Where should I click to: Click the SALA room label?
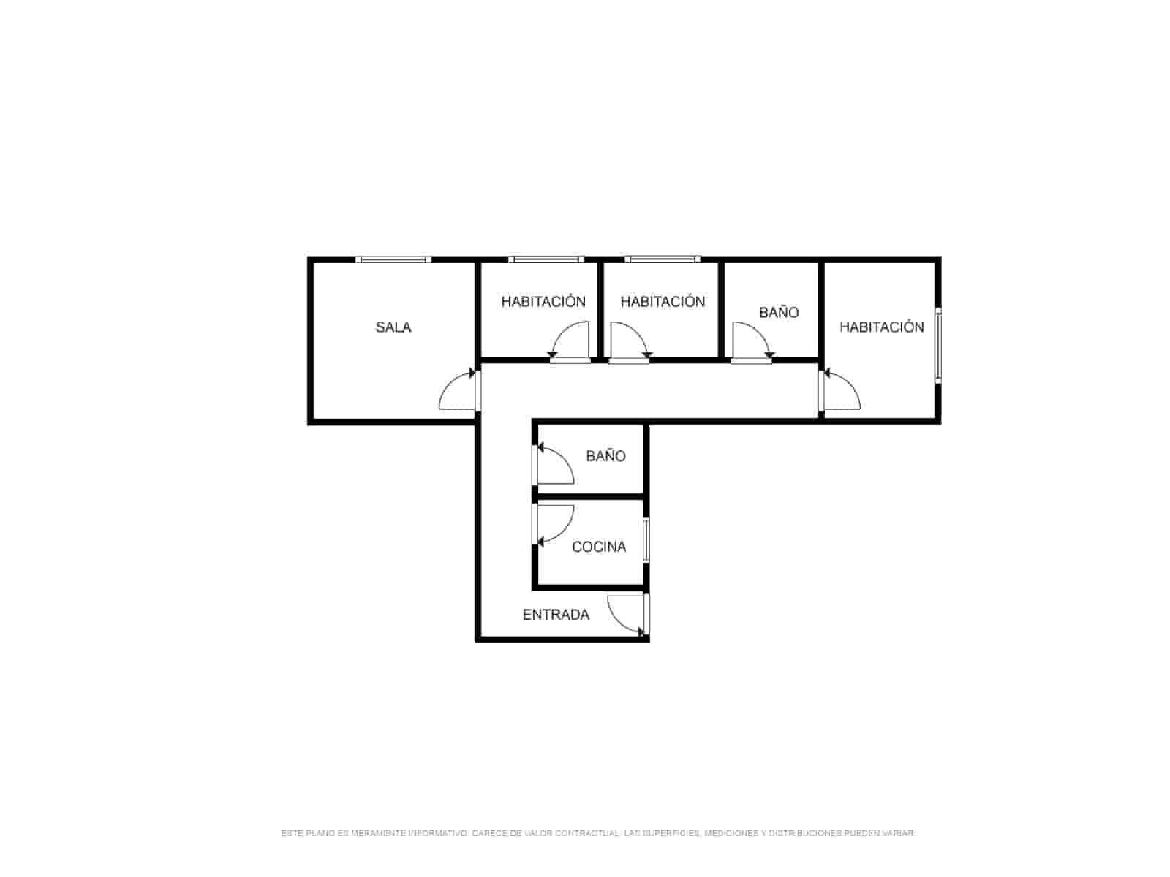pyautogui.click(x=393, y=327)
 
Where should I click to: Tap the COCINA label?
pyautogui.click(x=599, y=547)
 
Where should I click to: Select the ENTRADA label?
pyautogui.click(x=556, y=615)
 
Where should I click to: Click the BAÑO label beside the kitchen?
pyautogui.click(x=605, y=455)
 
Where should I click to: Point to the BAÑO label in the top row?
pyautogui.click(x=779, y=312)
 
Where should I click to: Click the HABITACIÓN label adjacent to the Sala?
pyautogui.click(x=543, y=301)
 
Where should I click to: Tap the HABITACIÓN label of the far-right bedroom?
pyautogui.click(x=882, y=327)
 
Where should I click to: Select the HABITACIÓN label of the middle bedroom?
pyautogui.click(x=663, y=301)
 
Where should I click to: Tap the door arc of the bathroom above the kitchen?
pyautogui.click(x=564, y=459)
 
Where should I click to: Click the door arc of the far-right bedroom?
pyautogui.click(x=850, y=384)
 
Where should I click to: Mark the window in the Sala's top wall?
pyautogui.click(x=393, y=259)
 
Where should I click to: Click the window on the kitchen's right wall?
pyautogui.click(x=646, y=541)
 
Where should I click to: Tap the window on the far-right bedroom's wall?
pyautogui.click(x=937, y=344)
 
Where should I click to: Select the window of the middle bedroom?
pyautogui.click(x=663, y=259)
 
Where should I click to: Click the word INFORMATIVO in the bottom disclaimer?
pyautogui.click(x=437, y=833)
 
